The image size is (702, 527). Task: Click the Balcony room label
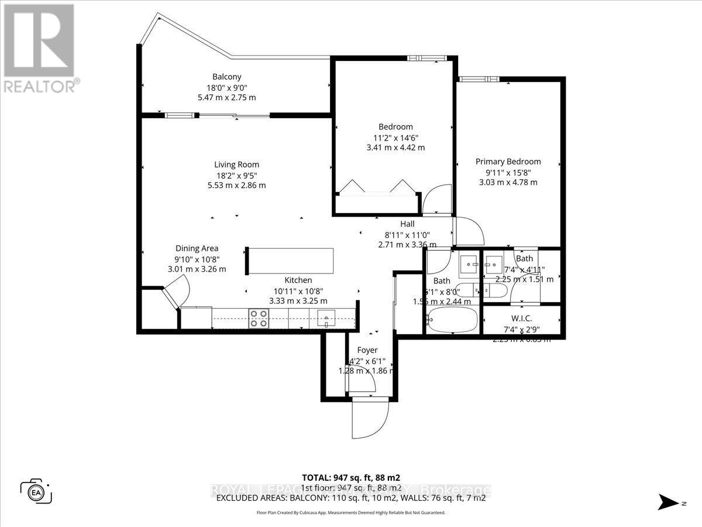(x=226, y=77)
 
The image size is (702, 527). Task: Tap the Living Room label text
(x=236, y=165)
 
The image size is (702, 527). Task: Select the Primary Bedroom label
(x=508, y=162)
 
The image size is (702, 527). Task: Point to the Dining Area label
(x=197, y=248)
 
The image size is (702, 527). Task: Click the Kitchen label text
(x=298, y=280)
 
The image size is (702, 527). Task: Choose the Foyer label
(x=367, y=350)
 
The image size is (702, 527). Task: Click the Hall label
(x=407, y=224)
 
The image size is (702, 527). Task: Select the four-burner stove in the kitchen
(x=258, y=318)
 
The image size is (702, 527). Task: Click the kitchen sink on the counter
(x=325, y=319)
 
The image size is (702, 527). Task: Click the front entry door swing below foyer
(x=370, y=418)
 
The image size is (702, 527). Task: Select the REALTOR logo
(x=39, y=47)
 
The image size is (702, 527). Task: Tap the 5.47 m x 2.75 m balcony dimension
(x=226, y=97)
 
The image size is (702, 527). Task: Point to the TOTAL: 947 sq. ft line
(x=350, y=477)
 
